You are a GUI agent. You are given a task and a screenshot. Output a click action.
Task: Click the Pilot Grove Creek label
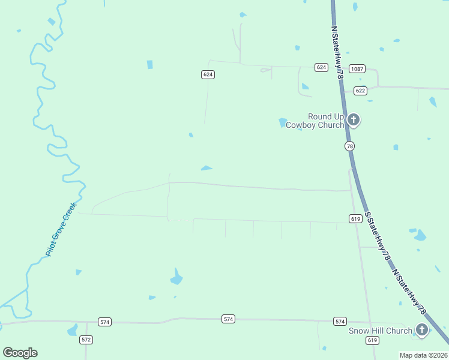[61, 230]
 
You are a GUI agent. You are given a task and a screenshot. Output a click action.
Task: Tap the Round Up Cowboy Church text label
[316, 121]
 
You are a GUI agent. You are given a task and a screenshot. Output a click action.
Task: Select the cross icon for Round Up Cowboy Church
[354, 120]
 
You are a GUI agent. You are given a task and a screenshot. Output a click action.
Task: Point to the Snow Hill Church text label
[381, 331]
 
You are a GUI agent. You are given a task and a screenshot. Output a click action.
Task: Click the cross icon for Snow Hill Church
[422, 330]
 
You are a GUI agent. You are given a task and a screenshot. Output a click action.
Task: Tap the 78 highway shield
[349, 146]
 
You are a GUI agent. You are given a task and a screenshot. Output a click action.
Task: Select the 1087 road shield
[357, 69]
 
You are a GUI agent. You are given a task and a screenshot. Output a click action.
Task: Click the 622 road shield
[360, 91]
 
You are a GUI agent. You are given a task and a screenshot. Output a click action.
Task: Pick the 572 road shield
[86, 340]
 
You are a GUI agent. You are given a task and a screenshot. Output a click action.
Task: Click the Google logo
[20, 352]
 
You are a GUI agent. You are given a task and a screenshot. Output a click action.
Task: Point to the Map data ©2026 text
[423, 355]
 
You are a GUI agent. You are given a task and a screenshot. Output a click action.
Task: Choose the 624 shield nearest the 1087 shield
[321, 67]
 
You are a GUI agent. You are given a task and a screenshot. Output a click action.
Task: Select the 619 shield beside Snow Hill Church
[372, 340]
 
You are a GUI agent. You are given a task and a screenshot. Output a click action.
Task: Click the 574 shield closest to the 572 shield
[105, 322]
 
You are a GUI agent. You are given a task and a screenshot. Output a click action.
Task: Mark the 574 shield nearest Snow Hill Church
[340, 321]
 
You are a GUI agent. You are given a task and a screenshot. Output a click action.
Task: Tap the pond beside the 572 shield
[73, 330]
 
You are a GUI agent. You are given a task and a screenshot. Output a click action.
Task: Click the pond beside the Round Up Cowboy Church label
[282, 122]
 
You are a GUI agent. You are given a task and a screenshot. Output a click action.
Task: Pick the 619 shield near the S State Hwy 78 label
[355, 219]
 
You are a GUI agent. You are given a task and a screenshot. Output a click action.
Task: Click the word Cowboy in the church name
[300, 125]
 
